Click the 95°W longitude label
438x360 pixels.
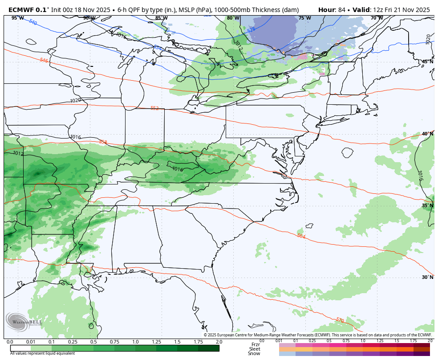[x=17, y=18]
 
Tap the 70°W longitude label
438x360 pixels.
[x=377, y=18]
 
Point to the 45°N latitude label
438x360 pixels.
[x=427, y=61]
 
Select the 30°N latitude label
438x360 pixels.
[x=427, y=277]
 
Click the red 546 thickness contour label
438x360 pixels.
[x=44, y=61]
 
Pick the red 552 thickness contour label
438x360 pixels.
[x=154, y=108]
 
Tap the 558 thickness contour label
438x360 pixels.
[x=103, y=142]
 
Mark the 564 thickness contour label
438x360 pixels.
[x=301, y=236]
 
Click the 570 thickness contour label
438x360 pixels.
[x=340, y=320]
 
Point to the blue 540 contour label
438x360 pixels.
[x=33, y=22]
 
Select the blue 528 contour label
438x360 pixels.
[x=251, y=29]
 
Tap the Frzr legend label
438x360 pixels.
[x=255, y=344]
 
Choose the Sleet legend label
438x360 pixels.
[x=255, y=349]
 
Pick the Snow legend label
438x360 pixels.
[x=255, y=353]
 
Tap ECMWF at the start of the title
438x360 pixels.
[x=20, y=9]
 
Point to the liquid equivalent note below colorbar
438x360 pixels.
[x=43, y=353]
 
